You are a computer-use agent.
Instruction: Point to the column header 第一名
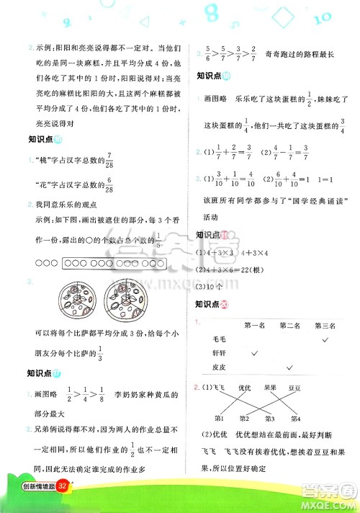click(255, 325)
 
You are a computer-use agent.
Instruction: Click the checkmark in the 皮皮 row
click(289, 367)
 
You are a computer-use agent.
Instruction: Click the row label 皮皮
click(220, 367)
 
